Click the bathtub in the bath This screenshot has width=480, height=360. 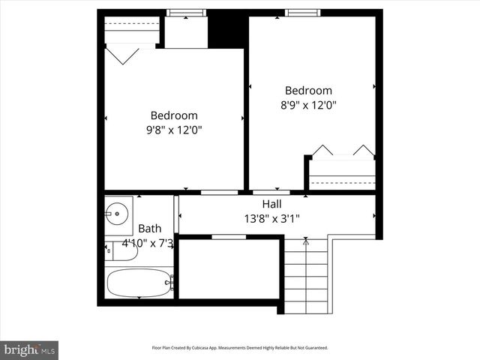pyautogui.click(x=139, y=283)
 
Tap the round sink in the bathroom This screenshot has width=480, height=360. pyautogui.click(x=117, y=213)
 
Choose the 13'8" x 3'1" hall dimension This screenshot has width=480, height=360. pyautogui.click(x=271, y=218)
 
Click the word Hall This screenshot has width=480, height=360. pyautogui.click(x=271, y=204)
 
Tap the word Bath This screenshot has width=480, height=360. pyautogui.click(x=149, y=229)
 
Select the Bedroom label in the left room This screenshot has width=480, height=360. pyautogui.click(x=174, y=115)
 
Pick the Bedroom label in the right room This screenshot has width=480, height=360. pyautogui.click(x=308, y=91)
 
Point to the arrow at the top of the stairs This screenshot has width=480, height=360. pyautogui.click(x=305, y=241)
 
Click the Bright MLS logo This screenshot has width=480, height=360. pyautogui.click(x=29, y=349)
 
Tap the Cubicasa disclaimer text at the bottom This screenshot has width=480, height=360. pyautogui.click(x=239, y=348)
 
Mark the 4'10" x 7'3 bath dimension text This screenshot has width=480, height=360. pyautogui.click(x=148, y=243)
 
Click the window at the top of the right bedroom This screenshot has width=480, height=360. pyautogui.click(x=302, y=12)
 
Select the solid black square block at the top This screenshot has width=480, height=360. pyautogui.click(x=226, y=28)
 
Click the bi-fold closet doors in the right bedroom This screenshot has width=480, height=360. pyautogui.click(x=343, y=150)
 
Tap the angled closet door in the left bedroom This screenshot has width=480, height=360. pyautogui.click(x=121, y=54)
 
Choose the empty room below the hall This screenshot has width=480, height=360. pyautogui.click(x=228, y=268)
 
